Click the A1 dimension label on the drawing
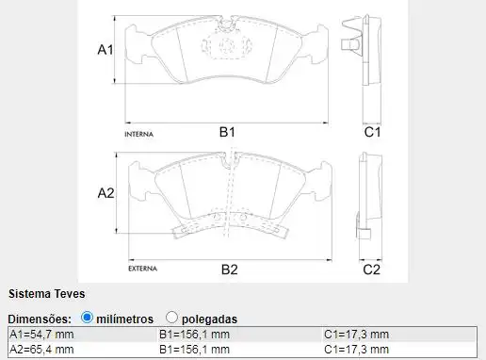[105, 50]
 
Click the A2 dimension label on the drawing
[105, 193]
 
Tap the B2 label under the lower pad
[229, 270]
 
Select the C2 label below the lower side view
[372, 270]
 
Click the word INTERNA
[138, 135]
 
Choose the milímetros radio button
[88, 319]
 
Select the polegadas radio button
[171, 319]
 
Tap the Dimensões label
[40, 319]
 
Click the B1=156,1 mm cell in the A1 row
[195, 335]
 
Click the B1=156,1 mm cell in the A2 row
[195, 350]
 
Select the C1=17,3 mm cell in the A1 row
[355, 335]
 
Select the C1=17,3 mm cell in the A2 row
[355, 350]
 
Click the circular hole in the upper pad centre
[227, 42]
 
